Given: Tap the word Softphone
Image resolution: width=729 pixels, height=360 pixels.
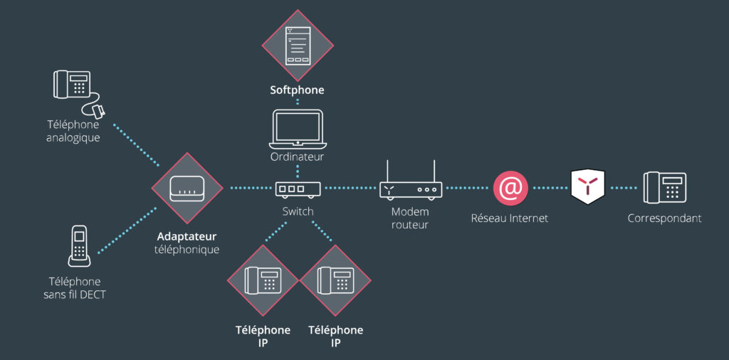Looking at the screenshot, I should [x=297, y=90].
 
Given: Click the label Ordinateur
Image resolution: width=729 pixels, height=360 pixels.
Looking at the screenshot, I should [x=297, y=157].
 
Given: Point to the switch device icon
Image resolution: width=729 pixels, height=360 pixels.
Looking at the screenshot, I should [x=298, y=189].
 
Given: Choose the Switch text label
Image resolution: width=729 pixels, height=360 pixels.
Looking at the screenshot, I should [x=298, y=211].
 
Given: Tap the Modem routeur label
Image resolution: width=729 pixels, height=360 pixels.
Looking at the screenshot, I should [x=410, y=218].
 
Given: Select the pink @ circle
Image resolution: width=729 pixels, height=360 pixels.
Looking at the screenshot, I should [x=509, y=189].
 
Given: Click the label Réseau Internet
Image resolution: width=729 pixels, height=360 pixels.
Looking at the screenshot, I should [x=509, y=218].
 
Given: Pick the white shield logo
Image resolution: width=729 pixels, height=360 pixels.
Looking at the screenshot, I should [x=588, y=187].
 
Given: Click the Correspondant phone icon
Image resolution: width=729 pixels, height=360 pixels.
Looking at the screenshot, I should [x=665, y=189].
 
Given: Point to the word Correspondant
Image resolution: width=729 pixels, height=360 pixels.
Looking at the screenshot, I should [x=664, y=218].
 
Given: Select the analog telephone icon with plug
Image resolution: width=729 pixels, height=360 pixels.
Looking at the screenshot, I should [x=74, y=90].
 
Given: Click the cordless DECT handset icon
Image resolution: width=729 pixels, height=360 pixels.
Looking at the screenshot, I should [x=79, y=245].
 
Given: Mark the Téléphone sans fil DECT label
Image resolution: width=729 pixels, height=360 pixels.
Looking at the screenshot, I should [x=74, y=287].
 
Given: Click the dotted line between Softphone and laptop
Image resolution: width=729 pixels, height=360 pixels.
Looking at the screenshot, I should [x=298, y=102].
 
